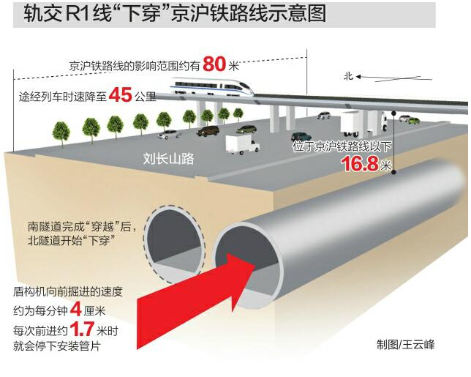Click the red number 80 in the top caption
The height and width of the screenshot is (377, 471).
(x=217, y=64)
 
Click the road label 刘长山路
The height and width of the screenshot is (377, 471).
(x=169, y=157)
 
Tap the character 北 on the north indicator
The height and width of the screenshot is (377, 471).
(x=348, y=75)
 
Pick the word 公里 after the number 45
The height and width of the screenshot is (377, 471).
(x=146, y=97)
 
